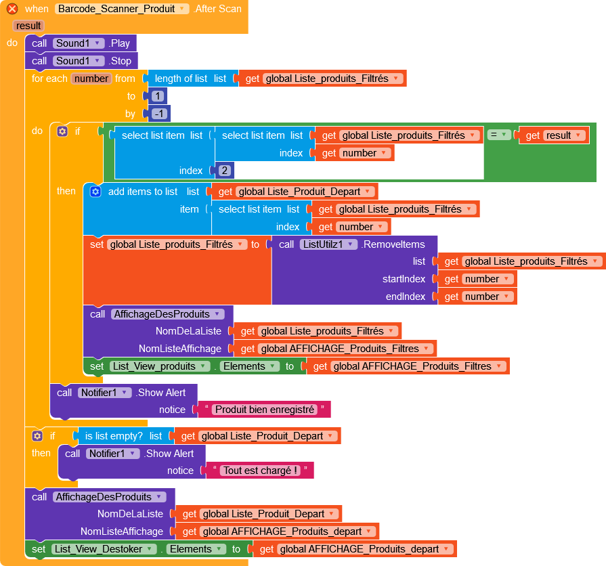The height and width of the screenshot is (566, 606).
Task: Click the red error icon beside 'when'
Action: coord(12,9)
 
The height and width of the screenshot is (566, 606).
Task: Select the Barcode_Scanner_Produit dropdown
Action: coord(122,9)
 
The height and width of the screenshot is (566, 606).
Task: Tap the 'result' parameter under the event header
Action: coord(28,26)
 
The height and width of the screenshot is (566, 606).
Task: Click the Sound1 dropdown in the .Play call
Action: coord(79,43)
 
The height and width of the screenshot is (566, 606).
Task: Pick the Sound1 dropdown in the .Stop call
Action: coord(79,61)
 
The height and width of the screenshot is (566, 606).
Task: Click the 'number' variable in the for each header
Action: coord(91,79)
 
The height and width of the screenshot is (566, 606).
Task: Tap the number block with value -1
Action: coord(160,114)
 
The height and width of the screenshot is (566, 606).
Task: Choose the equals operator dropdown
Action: coord(498,135)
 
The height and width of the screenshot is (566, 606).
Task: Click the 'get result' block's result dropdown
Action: coord(564,135)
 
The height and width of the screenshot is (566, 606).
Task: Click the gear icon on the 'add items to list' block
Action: coord(95,192)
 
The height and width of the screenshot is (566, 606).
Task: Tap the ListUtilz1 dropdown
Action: coord(328,244)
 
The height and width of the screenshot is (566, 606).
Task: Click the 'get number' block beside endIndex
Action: coord(488,297)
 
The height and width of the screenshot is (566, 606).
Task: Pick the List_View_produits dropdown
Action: coord(161,366)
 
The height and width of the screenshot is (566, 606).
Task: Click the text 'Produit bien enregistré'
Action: coord(263,410)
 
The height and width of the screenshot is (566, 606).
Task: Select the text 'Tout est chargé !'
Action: coord(261,471)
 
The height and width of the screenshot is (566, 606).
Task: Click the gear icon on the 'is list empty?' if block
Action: coord(37,436)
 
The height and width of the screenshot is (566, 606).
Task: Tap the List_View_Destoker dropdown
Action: coord(104,549)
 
